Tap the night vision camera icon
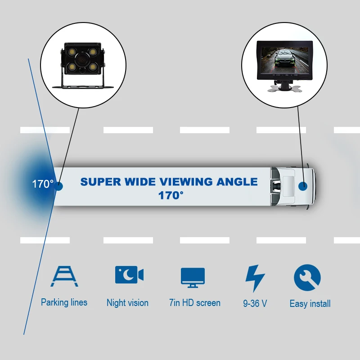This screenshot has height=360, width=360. (x=129, y=275)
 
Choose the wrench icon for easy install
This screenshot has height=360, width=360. (x=307, y=278)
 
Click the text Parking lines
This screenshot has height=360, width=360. (x=64, y=302)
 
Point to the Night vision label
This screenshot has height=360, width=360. (x=127, y=303)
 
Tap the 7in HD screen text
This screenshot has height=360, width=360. (x=195, y=303)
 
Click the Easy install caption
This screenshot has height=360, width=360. (x=310, y=304)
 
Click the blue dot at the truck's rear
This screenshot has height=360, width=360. (x=59, y=185)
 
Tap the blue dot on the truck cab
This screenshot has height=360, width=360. (x=304, y=185)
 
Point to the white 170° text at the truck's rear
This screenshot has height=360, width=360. (x=43, y=184)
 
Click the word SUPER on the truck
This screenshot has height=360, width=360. (x=101, y=182)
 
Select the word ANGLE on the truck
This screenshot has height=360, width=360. (x=237, y=182)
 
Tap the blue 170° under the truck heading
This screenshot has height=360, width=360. (x=171, y=195)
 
